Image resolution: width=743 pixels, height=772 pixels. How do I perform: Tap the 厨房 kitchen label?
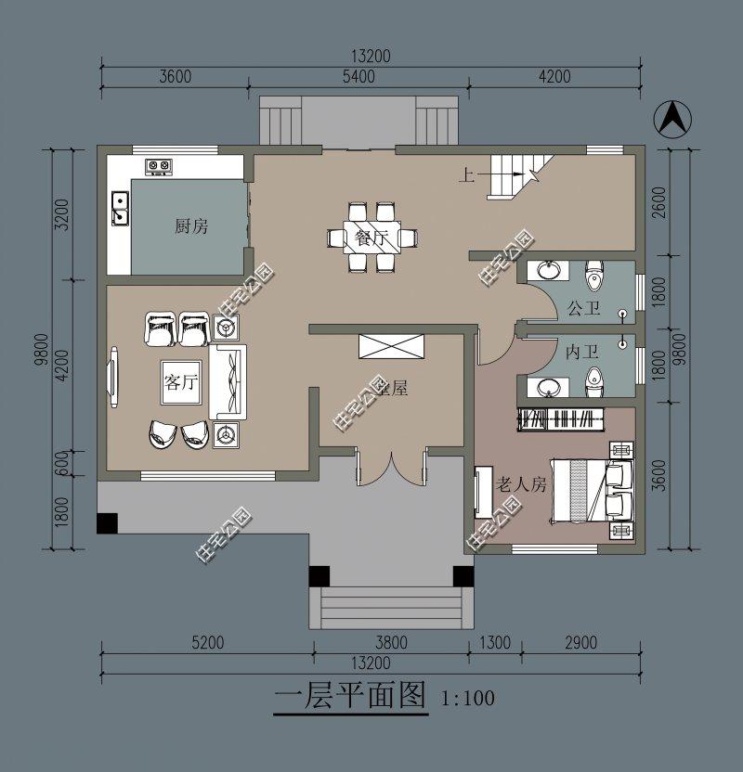[190, 226]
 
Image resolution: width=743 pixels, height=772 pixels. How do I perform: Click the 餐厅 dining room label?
[371, 238]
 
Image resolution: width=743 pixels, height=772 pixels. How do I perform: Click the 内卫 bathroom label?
[581, 353]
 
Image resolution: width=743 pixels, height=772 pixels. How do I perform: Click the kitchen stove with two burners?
[159, 167]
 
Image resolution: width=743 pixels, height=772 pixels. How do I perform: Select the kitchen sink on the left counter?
[120, 209]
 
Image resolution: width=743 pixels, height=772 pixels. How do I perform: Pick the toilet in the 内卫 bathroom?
[594, 380]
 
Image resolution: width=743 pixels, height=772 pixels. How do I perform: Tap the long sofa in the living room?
[229, 381]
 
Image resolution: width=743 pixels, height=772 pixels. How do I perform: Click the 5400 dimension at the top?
[358, 77]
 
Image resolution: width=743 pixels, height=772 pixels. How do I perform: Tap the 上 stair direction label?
[464, 174]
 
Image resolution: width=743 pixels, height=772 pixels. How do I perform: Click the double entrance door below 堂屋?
[390, 470]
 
